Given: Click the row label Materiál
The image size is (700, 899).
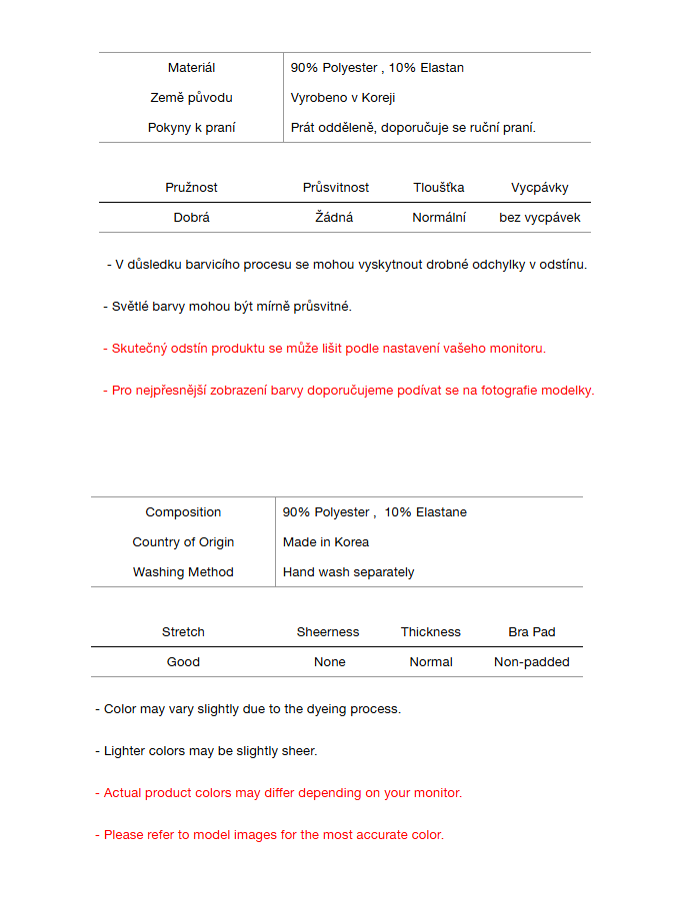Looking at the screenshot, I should [191, 68].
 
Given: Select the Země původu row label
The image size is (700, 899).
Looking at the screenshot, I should [191, 98].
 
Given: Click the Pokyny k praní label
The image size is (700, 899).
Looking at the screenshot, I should [191, 128].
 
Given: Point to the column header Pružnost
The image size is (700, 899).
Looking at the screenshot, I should [191, 188].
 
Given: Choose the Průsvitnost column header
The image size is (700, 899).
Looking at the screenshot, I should [336, 188].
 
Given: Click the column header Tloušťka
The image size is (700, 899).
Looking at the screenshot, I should [439, 188].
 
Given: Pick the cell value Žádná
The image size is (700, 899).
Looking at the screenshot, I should [334, 218].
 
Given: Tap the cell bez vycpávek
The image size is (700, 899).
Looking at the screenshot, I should [540, 218].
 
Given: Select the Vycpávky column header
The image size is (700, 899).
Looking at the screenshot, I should [540, 188].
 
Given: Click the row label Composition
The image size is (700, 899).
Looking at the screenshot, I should [183, 512].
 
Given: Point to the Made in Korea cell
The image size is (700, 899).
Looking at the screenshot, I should [326, 542].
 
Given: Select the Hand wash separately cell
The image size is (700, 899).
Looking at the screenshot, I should [348, 572].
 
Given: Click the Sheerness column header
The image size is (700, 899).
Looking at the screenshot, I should [328, 632].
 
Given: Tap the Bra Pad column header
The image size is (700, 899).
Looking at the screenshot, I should [532, 632].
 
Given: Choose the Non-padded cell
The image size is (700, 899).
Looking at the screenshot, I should [532, 662].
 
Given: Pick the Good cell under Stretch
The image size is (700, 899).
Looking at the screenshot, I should [183, 662].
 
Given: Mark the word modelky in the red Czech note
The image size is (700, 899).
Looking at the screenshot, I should [568, 391].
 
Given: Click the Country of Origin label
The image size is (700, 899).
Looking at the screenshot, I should [183, 542].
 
